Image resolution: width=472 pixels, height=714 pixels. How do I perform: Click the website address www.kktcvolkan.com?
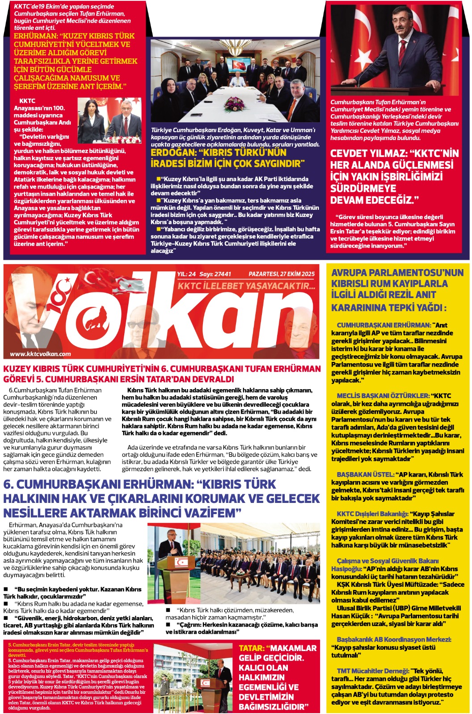[41, 354]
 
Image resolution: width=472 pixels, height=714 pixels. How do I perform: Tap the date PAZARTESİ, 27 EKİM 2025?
[282, 274]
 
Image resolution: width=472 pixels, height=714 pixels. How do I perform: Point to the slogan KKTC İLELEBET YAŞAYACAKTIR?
[246, 286]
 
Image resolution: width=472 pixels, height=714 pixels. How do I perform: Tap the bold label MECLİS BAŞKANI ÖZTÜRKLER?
[383, 396]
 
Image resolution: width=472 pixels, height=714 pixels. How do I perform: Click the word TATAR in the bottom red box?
[251, 648]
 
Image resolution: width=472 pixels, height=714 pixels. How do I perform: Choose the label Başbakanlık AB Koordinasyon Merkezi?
[393, 639]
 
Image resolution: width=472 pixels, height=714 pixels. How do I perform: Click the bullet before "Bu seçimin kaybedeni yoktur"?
[6, 589]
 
